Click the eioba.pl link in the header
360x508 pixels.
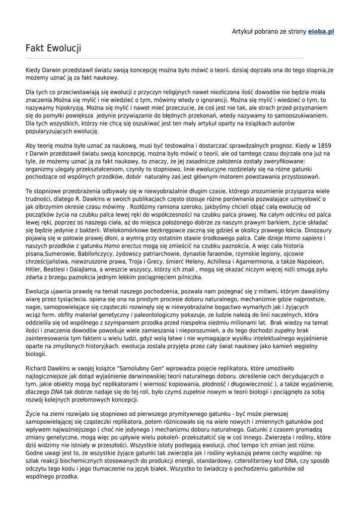[321, 32]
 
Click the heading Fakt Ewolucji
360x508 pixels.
[53, 49]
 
